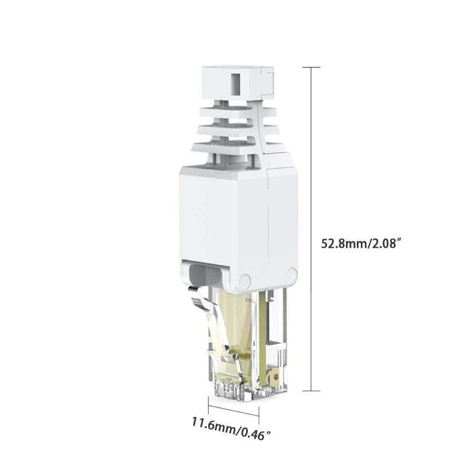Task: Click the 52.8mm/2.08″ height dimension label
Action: [x=361, y=243]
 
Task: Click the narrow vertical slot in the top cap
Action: [x=236, y=84]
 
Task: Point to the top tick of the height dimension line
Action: [x=311, y=67]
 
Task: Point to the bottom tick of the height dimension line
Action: [x=311, y=390]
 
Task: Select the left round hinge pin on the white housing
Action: [x=245, y=281]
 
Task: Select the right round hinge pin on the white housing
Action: [x=292, y=274]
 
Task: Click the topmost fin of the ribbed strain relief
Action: [x=238, y=112]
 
